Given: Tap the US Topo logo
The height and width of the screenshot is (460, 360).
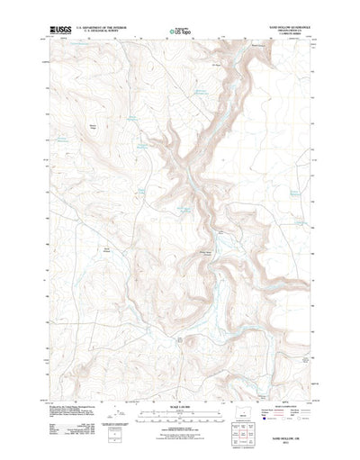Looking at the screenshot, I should pos(179,33).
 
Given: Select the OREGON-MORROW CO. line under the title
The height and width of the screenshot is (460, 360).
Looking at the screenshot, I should pos(290,33).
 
